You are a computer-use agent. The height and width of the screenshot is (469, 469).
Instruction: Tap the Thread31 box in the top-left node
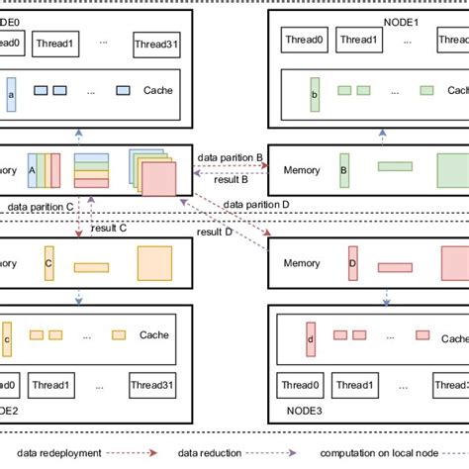point(158,44)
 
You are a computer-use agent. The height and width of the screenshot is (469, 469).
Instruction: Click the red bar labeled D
point(351,264)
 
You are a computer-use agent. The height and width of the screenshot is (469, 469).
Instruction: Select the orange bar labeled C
point(48,264)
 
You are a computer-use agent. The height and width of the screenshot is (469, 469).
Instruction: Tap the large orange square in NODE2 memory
point(155,264)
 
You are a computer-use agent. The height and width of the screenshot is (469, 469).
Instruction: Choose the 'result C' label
point(109,229)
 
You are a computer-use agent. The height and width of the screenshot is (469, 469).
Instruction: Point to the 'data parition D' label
point(256,205)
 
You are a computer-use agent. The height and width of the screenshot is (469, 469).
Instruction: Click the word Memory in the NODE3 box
point(302,264)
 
